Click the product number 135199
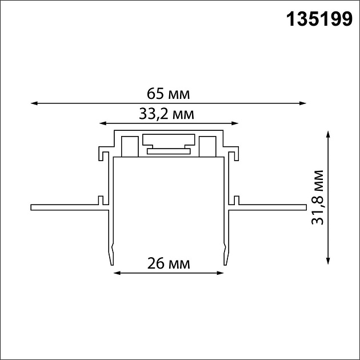(x=318, y=19)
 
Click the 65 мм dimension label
(x=168, y=93)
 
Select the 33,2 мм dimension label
(x=167, y=114)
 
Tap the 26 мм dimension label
(x=169, y=263)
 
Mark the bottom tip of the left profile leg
(x=111, y=263)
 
